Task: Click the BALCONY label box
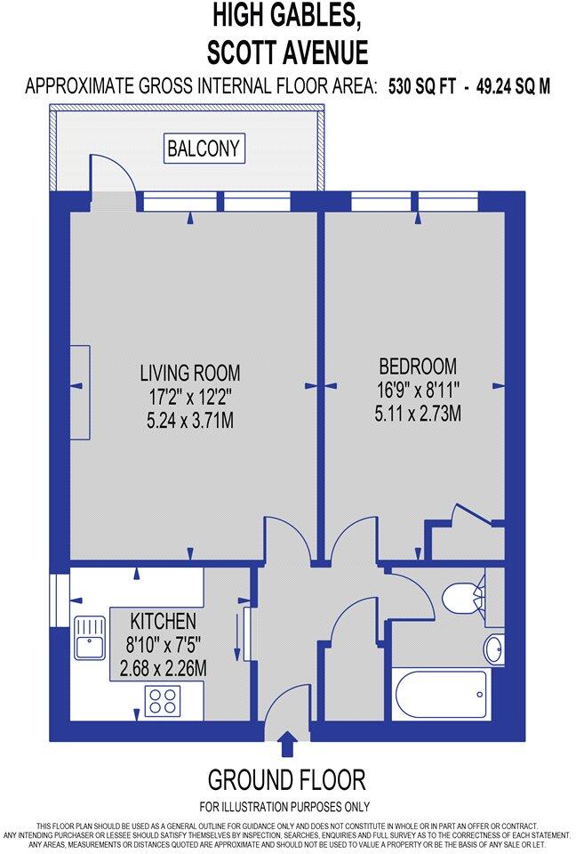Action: [204, 149]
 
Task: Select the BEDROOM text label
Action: [418, 366]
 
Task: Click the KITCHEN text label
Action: [163, 620]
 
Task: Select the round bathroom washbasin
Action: [493, 649]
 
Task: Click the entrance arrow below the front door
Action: [287, 743]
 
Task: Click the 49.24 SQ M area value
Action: [513, 86]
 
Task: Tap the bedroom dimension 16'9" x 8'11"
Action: [418, 389]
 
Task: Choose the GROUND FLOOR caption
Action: [286, 780]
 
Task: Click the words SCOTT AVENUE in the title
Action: [287, 52]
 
